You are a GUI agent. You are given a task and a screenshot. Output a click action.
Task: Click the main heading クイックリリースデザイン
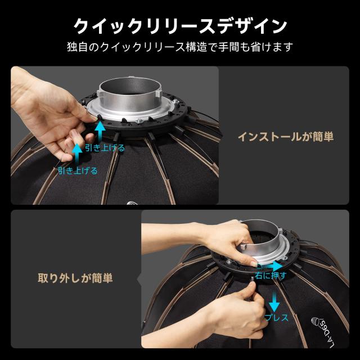[x=180, y=25]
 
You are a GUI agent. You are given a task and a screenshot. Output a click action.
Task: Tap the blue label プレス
[x=277, y=318]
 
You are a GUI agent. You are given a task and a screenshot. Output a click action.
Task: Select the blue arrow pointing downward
[x=274, y=300]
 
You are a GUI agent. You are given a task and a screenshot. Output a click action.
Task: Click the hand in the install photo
[x=51, y=118]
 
